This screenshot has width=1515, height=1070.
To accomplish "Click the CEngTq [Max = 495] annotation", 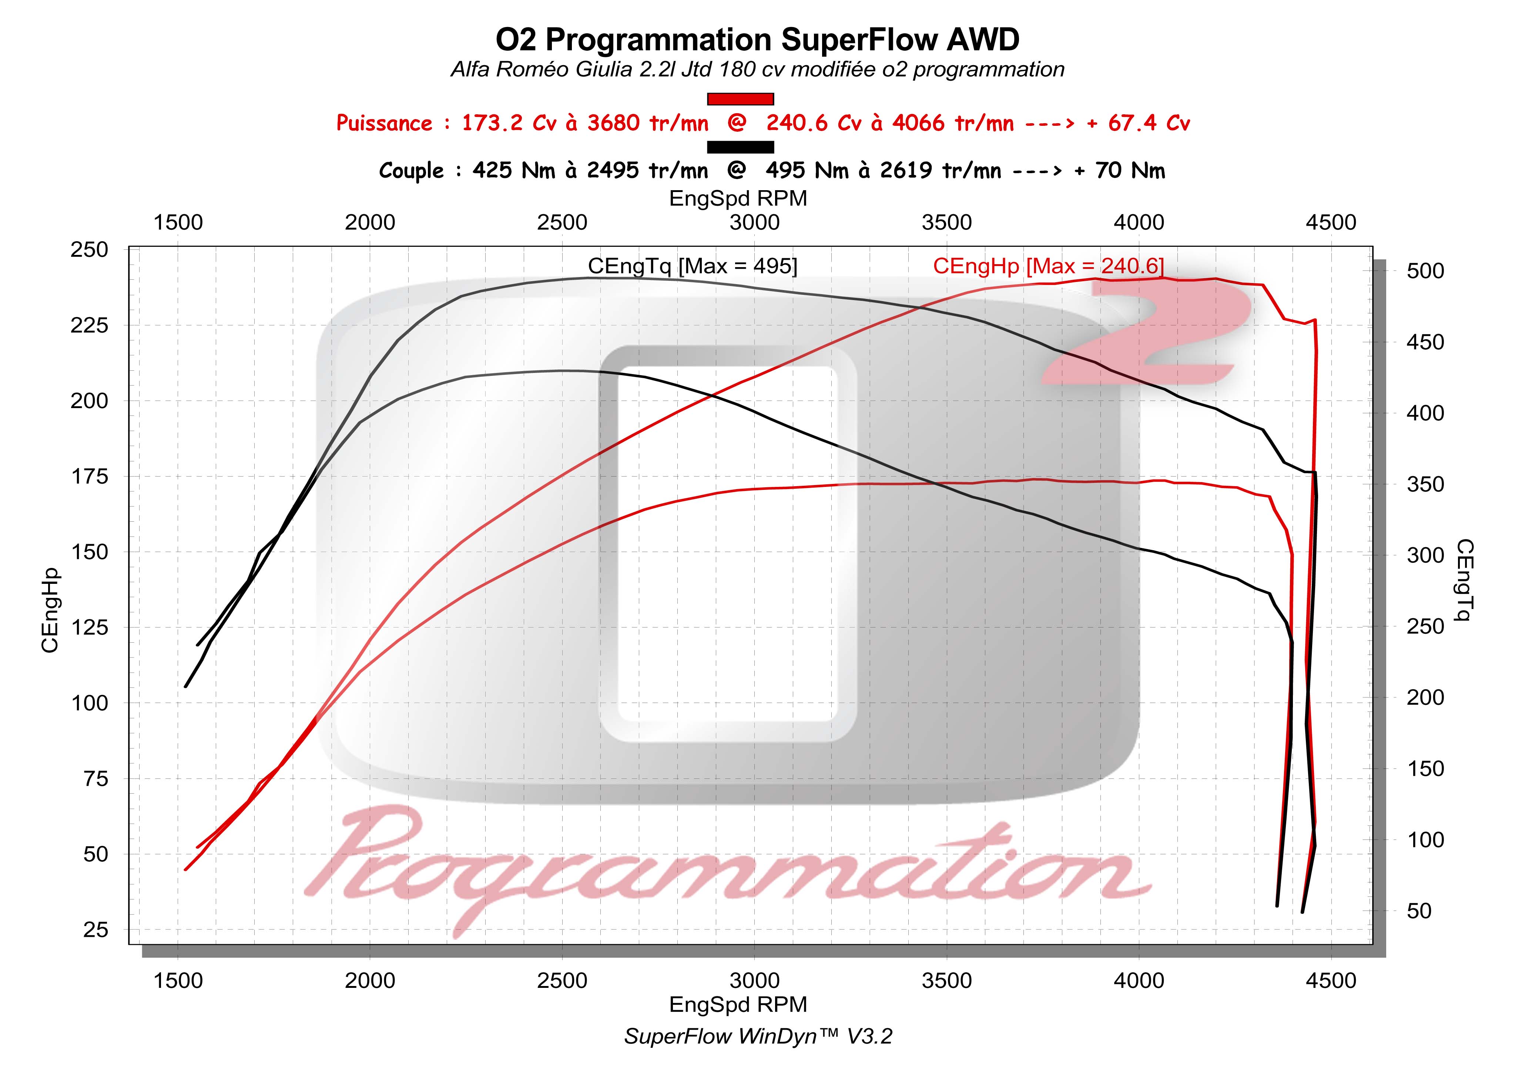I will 692,266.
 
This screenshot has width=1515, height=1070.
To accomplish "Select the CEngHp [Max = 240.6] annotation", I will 1048,266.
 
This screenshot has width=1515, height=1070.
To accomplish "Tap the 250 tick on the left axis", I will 89,250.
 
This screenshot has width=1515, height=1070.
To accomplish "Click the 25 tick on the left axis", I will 95,930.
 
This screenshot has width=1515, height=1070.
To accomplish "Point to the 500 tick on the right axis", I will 1425,271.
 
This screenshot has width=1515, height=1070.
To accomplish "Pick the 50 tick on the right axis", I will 1419,911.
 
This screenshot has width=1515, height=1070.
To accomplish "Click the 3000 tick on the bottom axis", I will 754,981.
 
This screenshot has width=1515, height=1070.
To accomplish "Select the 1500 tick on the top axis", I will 178,223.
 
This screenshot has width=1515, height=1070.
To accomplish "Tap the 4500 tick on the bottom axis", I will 1330,981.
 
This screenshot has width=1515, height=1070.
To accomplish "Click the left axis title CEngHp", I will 50,610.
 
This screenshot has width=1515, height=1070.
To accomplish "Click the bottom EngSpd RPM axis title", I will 738,1005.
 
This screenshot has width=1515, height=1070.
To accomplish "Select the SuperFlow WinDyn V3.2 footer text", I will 757,1036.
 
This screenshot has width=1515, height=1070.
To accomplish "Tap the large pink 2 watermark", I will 1148,336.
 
